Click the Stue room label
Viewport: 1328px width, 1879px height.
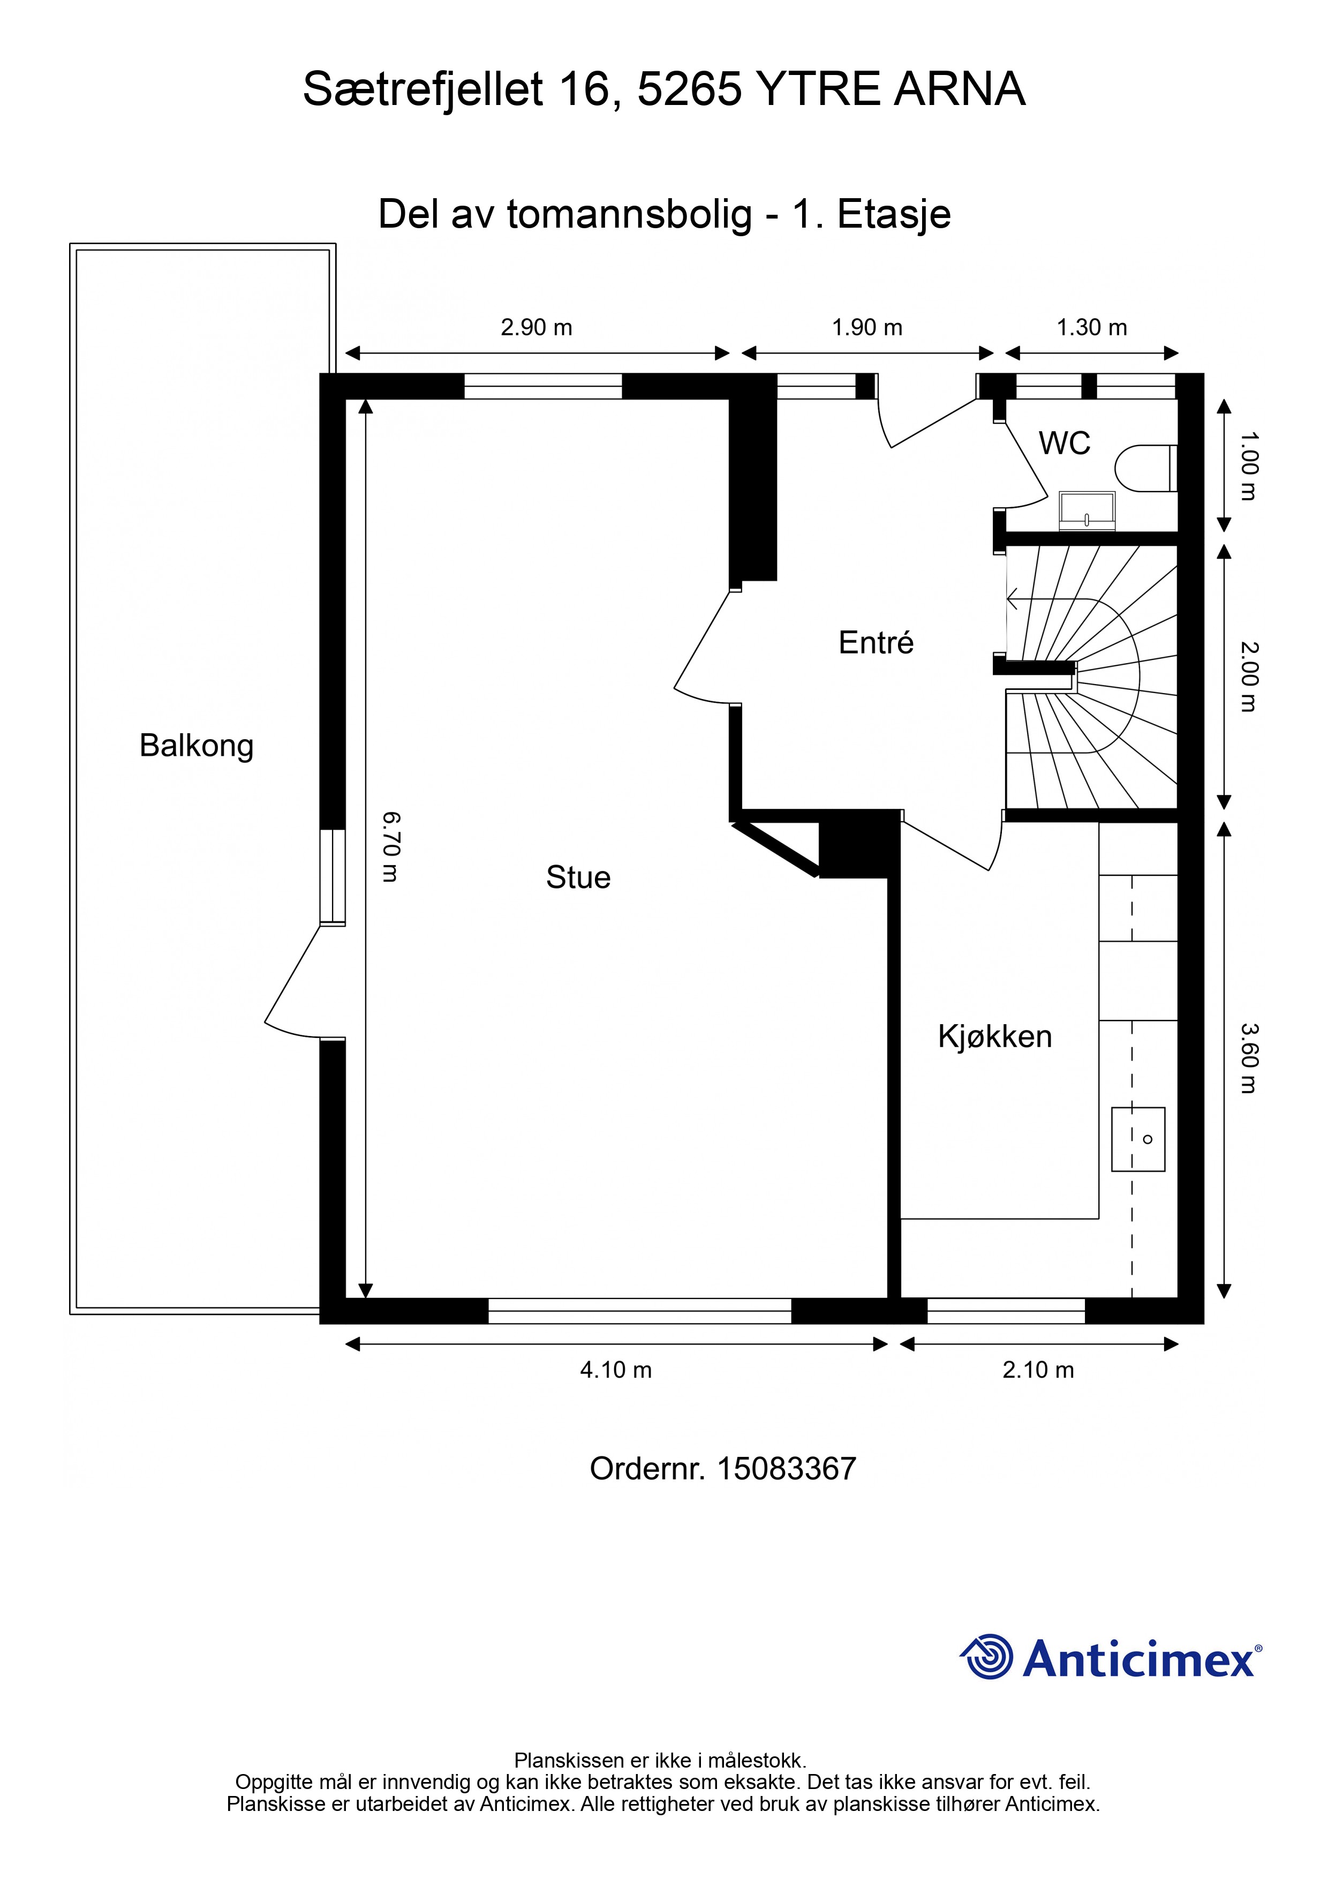pyautogui.click(x=578, y=877)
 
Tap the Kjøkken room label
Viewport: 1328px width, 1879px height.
pyautogui.click(x=994, y=1037)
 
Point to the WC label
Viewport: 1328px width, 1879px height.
pyautogui.click(x=1065, y=444)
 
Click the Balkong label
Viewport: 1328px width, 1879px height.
pyautogui.click(x=197, y=746)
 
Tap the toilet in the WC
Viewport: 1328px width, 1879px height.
pyautogui.click(x=1145, y=468)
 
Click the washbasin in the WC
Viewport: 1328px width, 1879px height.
pyautogui.click(x=1086, y=510)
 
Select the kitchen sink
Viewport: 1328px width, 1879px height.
pyautogui.click(x=1137, y=1139)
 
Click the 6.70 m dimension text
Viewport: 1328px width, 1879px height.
pyautogui.click(x=390, y=847)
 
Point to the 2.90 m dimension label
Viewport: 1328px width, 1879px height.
pyautogui.click(x=536, y=327)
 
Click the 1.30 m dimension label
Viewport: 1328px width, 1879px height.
pyautogui.click(x=1091, y=327)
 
